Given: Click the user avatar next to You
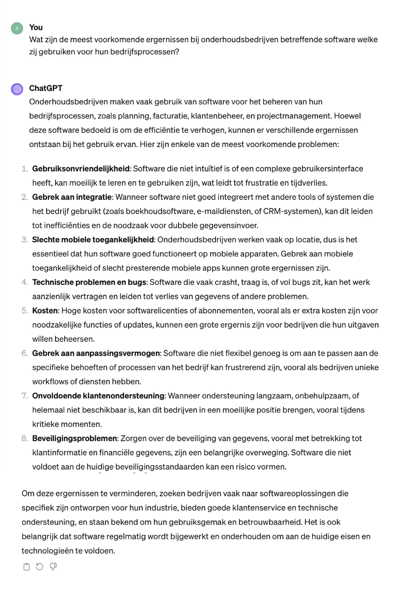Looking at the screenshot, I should pyautogui.click(x=17, y=28).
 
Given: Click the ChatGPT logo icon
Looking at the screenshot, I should pyautogui.click(x=17, y=89).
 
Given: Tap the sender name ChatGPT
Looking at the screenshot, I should pyautogui.click(x=46, y=88).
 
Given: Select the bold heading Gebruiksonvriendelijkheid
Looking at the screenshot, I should pyautogui.click(x=81, y=169).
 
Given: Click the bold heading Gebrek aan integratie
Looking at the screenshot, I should pyautogui.click(x=72, y=197).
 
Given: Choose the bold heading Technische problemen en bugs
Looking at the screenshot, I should pyautogui.click(x=89, y=282).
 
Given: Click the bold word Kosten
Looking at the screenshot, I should pyautogui.click(x=45, y=311).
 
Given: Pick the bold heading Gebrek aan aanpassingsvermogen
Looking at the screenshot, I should pyautogui.click(x=96, y=353).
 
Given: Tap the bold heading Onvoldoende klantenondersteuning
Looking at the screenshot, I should pyautogui.click(x=98, y=396).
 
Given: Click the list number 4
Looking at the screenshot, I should pyautogui.click(x=25, y=282).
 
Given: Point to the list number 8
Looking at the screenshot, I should pyautogui.click(x=25, y=438).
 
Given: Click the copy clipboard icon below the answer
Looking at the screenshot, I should pyautogui.click(x=26, y=567).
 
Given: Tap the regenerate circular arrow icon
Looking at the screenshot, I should pyautogui.click(x=39, y=567).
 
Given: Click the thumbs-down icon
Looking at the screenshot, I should pyautogui.click(x=53, y=567).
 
